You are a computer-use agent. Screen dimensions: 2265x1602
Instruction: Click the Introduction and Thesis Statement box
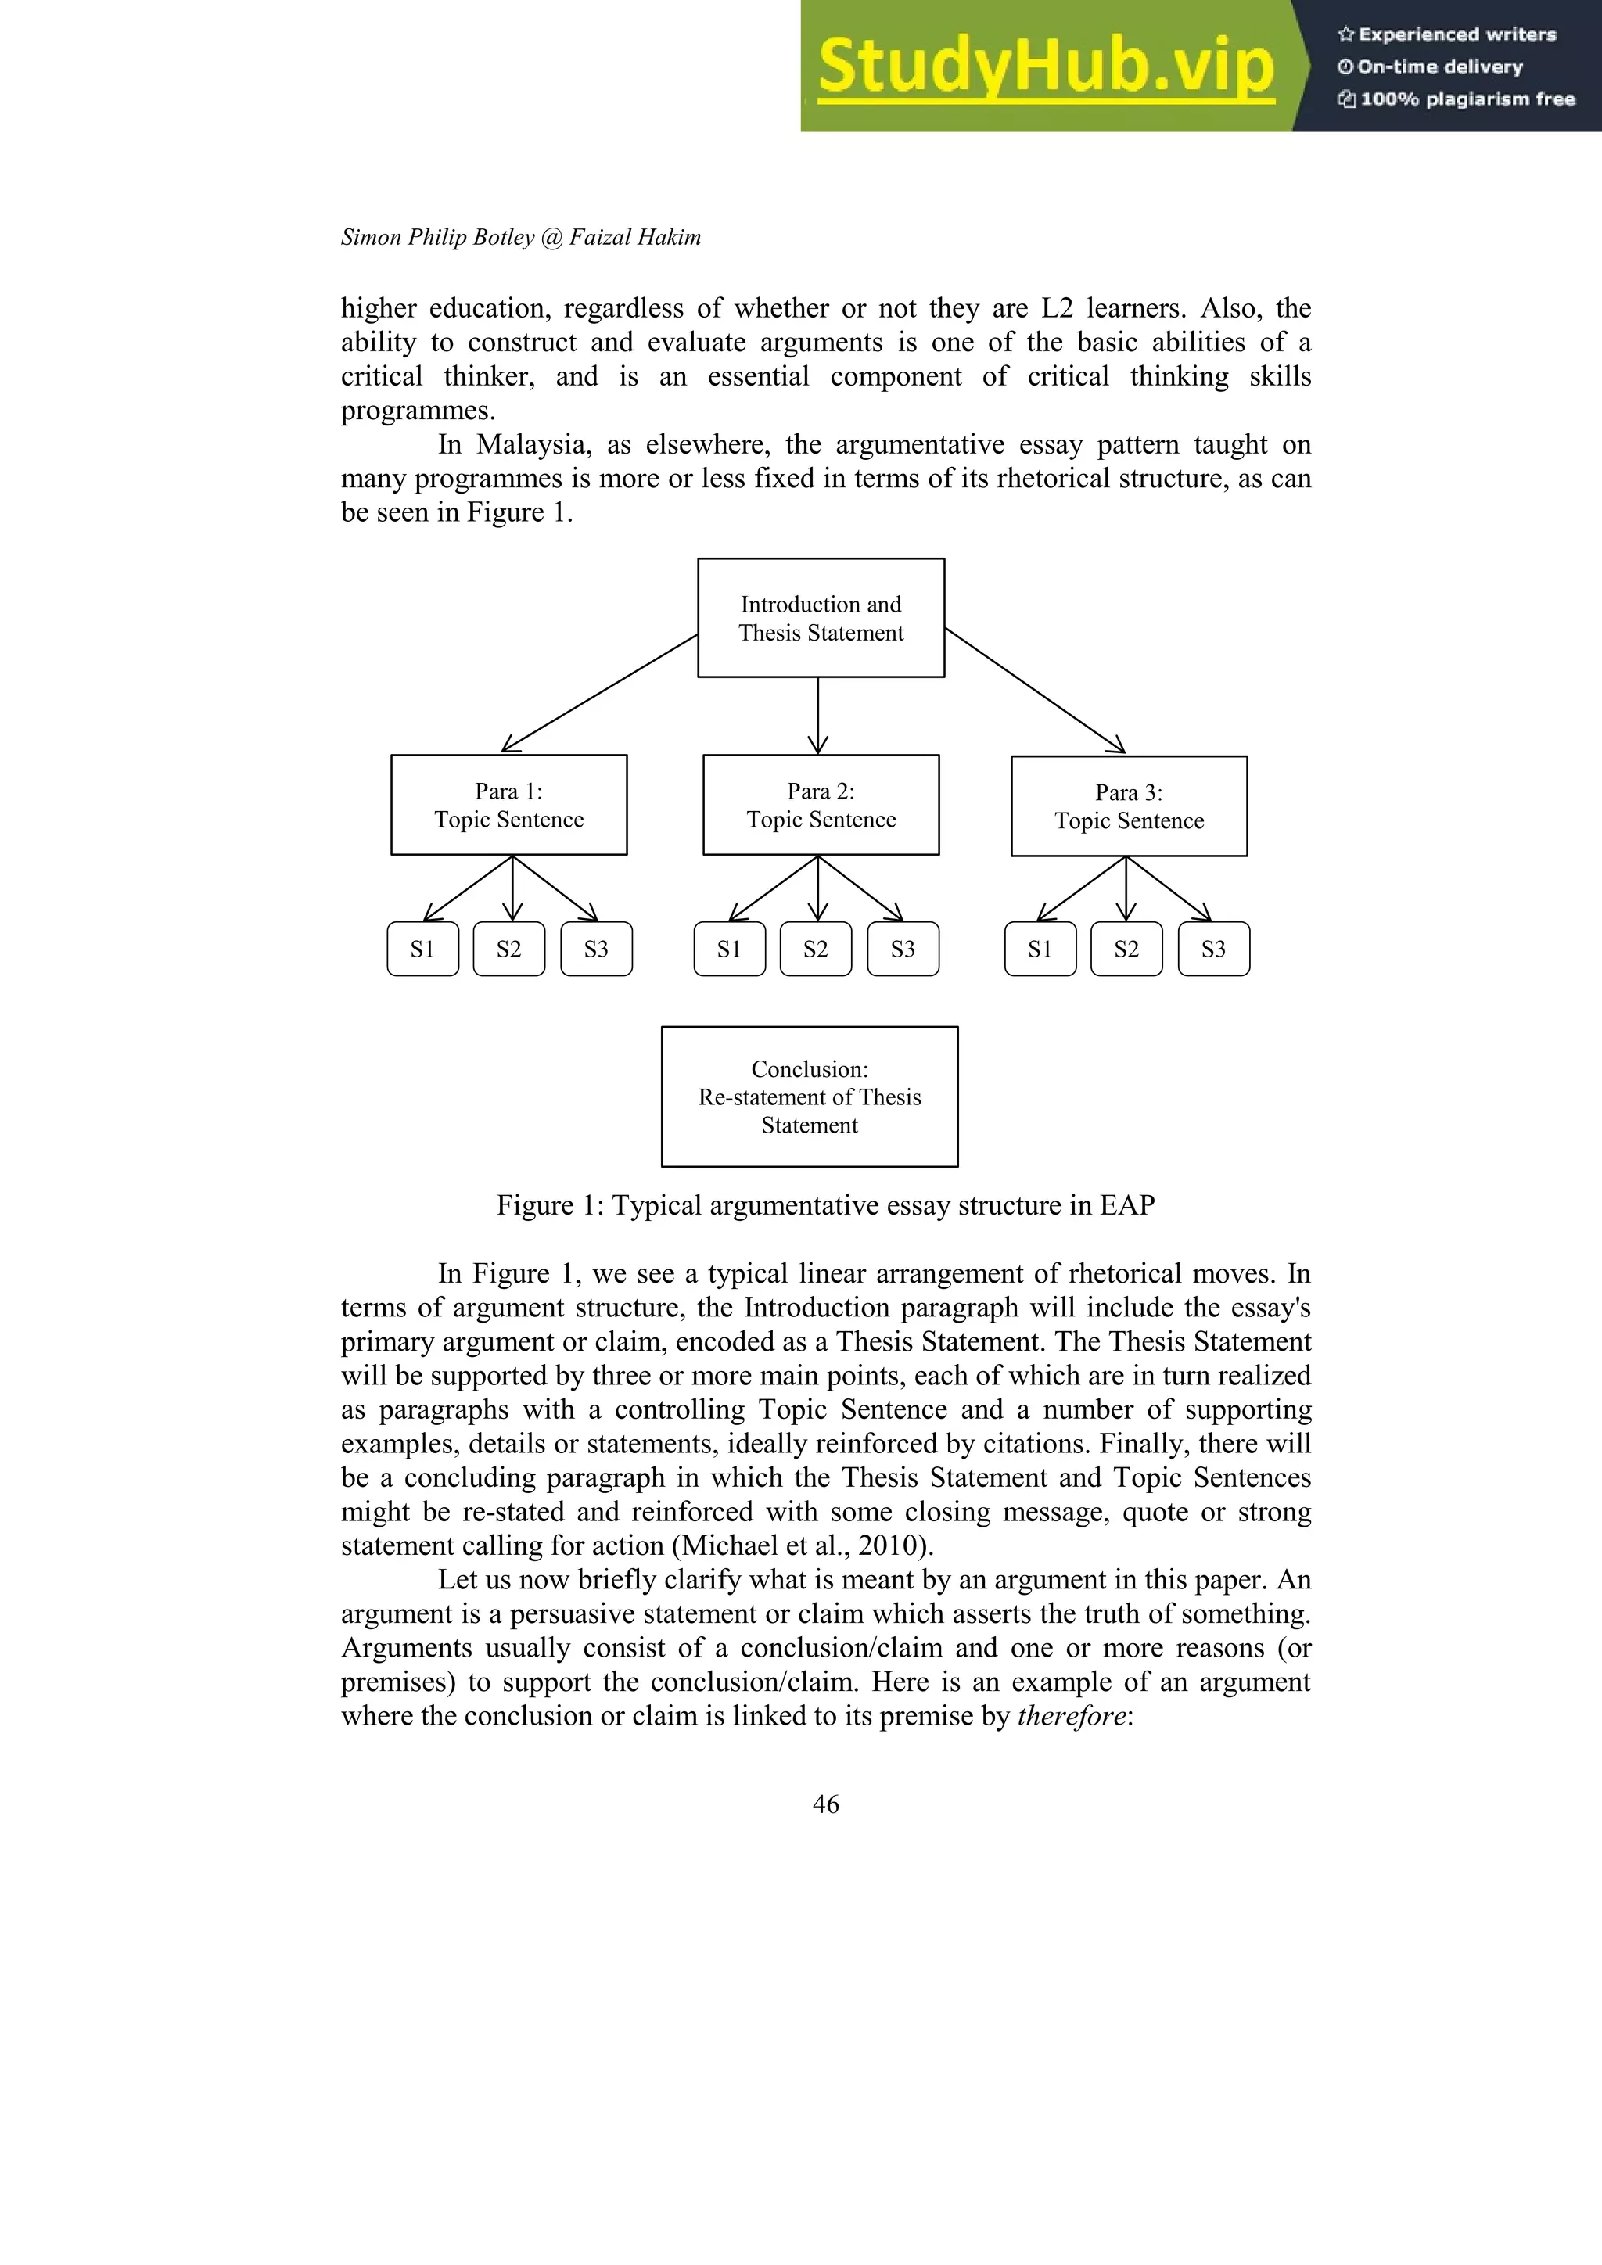click(821, 618)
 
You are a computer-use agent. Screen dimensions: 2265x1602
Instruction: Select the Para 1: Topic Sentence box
click(509, 805)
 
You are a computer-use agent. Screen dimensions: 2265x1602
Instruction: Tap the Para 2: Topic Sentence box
click(821, 805)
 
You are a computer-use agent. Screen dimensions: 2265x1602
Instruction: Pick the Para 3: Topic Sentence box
click(1129, 806)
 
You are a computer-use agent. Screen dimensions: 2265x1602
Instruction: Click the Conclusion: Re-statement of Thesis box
click(809, 1097)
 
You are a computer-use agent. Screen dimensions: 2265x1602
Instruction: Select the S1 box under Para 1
click(422, 949)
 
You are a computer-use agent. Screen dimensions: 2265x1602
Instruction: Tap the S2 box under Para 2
click(815, 949)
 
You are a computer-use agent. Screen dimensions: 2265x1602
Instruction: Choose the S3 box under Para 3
click(1213, 949)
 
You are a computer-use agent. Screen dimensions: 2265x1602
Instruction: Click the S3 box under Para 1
click(596, 949)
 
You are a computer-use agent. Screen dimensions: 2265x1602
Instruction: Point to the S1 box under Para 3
click(1040, 949)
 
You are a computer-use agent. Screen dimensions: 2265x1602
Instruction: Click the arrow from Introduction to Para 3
click(1035, 691)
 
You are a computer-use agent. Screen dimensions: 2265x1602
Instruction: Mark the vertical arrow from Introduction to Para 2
click(817, 715)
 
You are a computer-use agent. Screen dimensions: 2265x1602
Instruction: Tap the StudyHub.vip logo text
click(1046, 66)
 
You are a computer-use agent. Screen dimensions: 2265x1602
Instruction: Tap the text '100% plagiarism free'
click(1467, 99)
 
